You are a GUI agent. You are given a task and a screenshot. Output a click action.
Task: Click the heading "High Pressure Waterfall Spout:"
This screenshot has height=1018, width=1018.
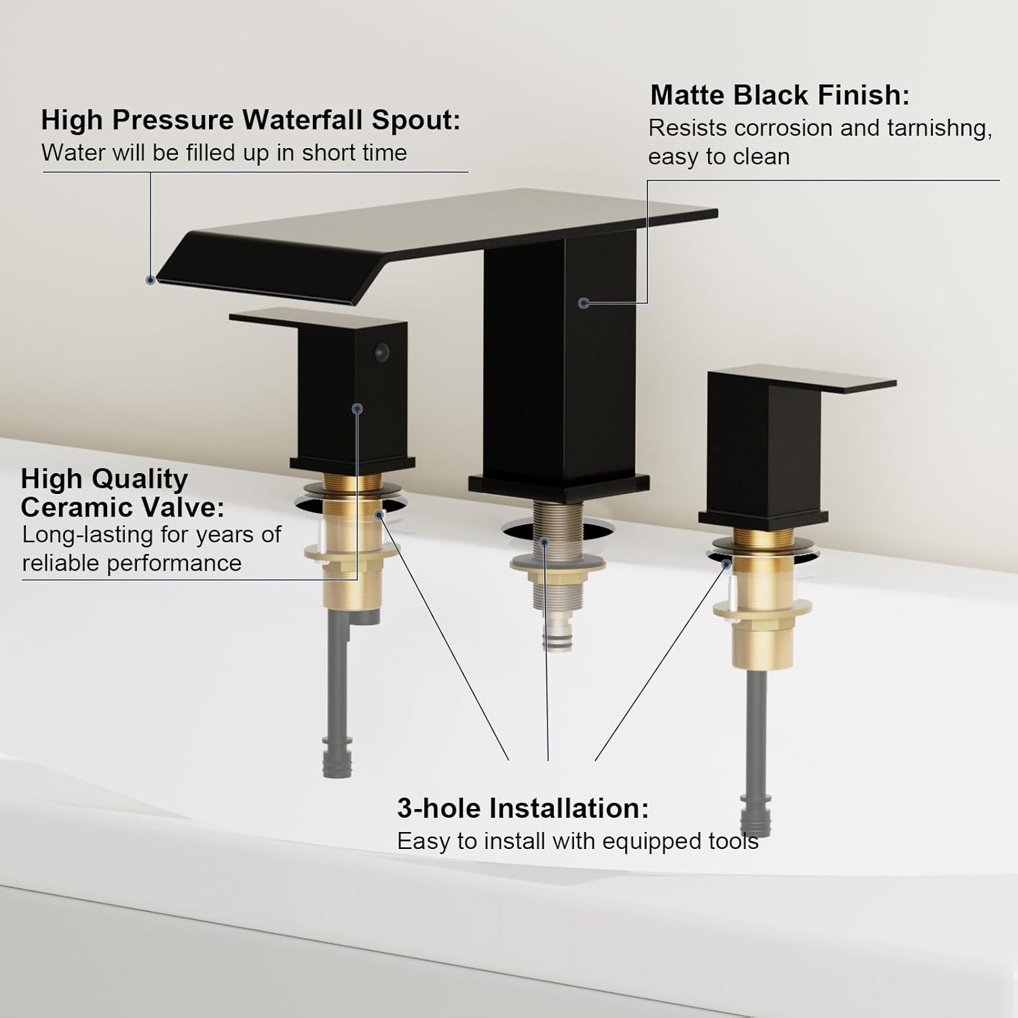pos(250,120)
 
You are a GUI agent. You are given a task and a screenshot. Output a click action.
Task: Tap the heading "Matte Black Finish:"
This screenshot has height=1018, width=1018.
pos(780,95)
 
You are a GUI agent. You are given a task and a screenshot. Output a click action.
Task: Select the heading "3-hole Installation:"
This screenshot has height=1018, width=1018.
pos(523,808)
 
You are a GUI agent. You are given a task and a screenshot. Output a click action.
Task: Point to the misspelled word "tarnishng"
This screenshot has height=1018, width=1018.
pos(939,129)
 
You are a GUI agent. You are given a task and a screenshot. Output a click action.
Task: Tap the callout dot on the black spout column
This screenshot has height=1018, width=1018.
pos(584,303)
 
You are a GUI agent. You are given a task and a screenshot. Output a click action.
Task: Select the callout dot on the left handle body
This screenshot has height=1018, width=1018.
pos(358,409)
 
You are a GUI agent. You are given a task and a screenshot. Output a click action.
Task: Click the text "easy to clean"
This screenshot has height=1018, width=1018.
pos(719,157)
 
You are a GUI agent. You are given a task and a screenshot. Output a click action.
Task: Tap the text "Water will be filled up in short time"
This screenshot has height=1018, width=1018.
pos(224,153)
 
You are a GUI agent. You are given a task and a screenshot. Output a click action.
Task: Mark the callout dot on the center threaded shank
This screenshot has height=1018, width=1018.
pos(544,542)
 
